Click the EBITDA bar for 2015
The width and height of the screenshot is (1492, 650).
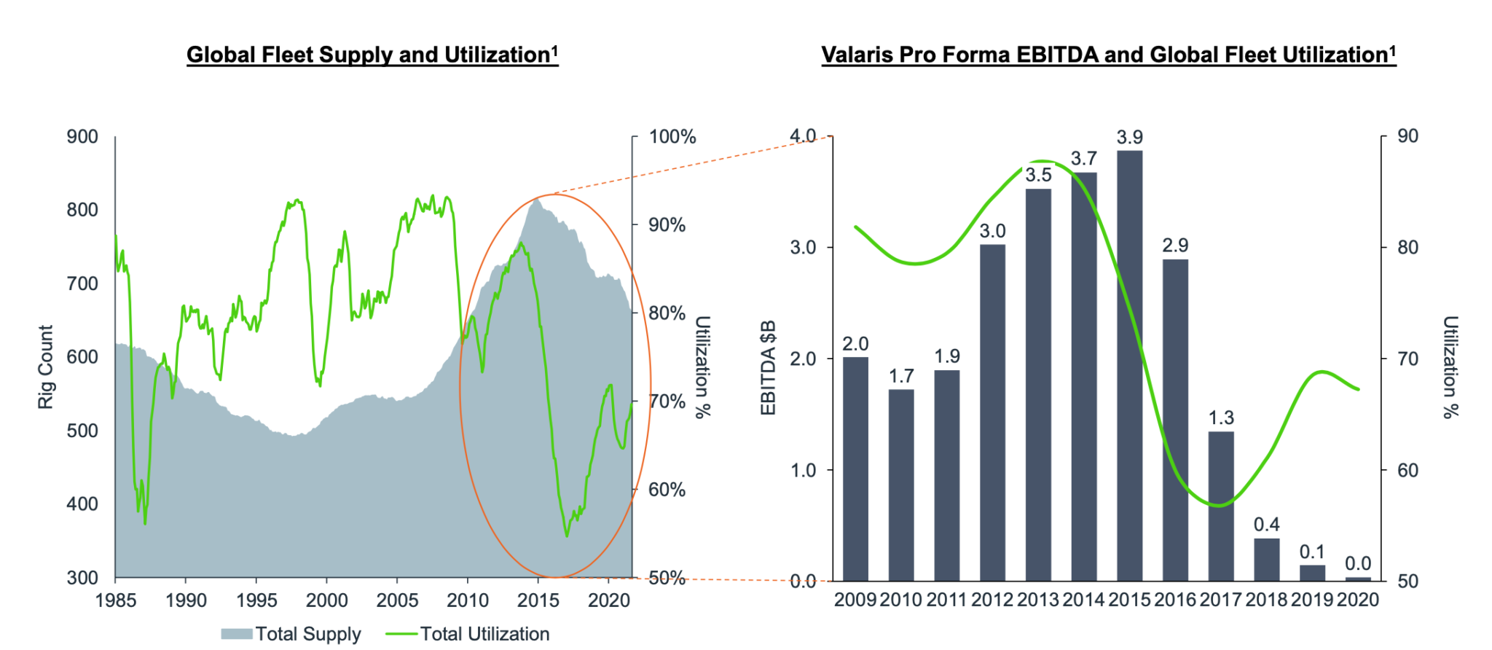pyautogui.click(x=1129, y=364)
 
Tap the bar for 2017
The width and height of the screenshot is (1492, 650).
pyautogui.click(x=1221, y=506)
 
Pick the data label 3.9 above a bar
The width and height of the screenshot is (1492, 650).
pyautogui.click(x=1130, y=138)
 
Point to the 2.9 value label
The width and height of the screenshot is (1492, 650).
pyautogui.click(x=1175, y=246)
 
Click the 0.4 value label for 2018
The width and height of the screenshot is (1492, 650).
pyautogui.click(x=1267, y=525)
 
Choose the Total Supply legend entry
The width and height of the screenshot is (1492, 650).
pyautogui.click(x=291, y=634)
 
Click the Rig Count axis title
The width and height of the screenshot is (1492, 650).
pyautogui.click(x=46, y=367)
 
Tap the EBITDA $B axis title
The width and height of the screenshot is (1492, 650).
pyautogui.click(x=768, y=367)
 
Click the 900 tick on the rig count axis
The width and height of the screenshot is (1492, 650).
pyautogui.click(x=82, y=137)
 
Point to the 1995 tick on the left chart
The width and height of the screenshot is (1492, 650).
pyautogui.click(x=256, y=600)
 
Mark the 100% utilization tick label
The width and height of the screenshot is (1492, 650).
pyautogui.click(x=672, y=137)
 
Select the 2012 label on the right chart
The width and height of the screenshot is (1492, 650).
pyautogui.click(x=992, y=600)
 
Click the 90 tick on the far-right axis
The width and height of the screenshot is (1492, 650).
pyautogui.click(x=1408, y=136)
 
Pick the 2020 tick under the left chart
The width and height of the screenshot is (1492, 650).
pyautogui.click(x=608, y=600)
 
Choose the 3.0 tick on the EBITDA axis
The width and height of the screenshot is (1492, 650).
pyautogui.click(x=803, y=248)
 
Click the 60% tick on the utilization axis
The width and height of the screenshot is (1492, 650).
pyautogui.click(x=667, y=490)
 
